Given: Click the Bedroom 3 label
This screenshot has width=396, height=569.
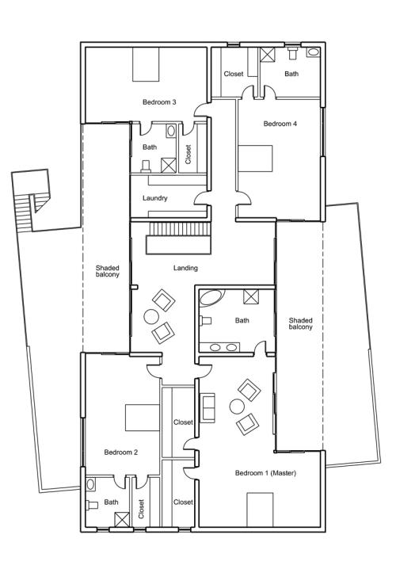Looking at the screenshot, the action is (159, 102).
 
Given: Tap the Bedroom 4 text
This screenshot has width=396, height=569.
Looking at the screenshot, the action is (280, 124).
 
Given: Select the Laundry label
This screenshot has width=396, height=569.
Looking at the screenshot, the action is (155, 198).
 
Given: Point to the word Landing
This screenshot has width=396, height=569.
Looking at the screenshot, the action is (185, 268).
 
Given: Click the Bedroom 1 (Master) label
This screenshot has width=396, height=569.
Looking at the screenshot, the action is (265, 473).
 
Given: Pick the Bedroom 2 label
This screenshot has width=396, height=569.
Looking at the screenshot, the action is (120, 453).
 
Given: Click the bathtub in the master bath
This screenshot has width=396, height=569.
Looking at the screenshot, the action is (212, 297).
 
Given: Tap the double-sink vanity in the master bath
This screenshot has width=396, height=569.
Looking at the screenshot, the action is (219, 347).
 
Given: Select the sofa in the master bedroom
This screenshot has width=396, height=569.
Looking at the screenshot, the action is (208, 407).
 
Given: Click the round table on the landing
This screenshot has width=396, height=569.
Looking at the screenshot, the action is (151, 316).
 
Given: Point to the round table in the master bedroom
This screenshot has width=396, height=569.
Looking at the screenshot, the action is (237, 407).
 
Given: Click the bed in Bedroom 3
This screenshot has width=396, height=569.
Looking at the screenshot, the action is (146, 64).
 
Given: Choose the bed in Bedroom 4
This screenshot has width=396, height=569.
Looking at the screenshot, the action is (255, 158).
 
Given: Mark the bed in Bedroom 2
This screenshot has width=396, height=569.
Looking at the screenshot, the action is (143, 418).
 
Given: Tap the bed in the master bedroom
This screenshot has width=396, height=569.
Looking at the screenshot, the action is (260, 510).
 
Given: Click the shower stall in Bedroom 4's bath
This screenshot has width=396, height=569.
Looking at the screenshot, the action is (268, 55).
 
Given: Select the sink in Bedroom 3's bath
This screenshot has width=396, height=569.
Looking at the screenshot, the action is (171, 131).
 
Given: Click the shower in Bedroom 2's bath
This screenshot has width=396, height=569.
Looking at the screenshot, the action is (122, 519).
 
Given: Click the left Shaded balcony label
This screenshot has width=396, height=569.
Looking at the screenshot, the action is (108, 271).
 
